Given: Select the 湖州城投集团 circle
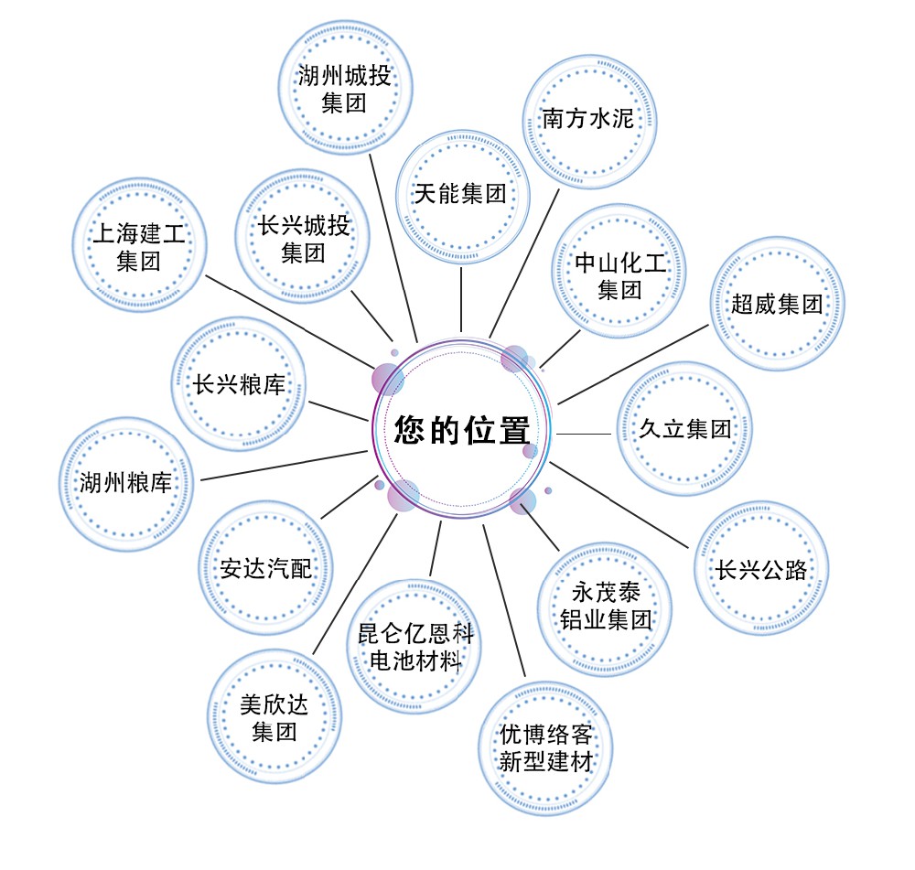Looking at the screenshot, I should [344, 88].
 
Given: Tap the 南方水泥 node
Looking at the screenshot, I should [587, 120].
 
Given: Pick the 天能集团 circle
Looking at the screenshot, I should [460, 194].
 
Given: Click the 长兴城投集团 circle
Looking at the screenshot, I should [304, 239].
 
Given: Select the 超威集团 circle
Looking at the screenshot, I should [777, 305].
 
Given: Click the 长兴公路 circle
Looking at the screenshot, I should [762, 570].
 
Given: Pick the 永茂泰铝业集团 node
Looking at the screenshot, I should [605, 606].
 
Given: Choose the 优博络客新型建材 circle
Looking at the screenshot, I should [546, 747].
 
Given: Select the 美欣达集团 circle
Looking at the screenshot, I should [274, 718].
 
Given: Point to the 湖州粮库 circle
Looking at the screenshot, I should [125, 484].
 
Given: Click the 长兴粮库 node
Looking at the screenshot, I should [238, 384].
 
